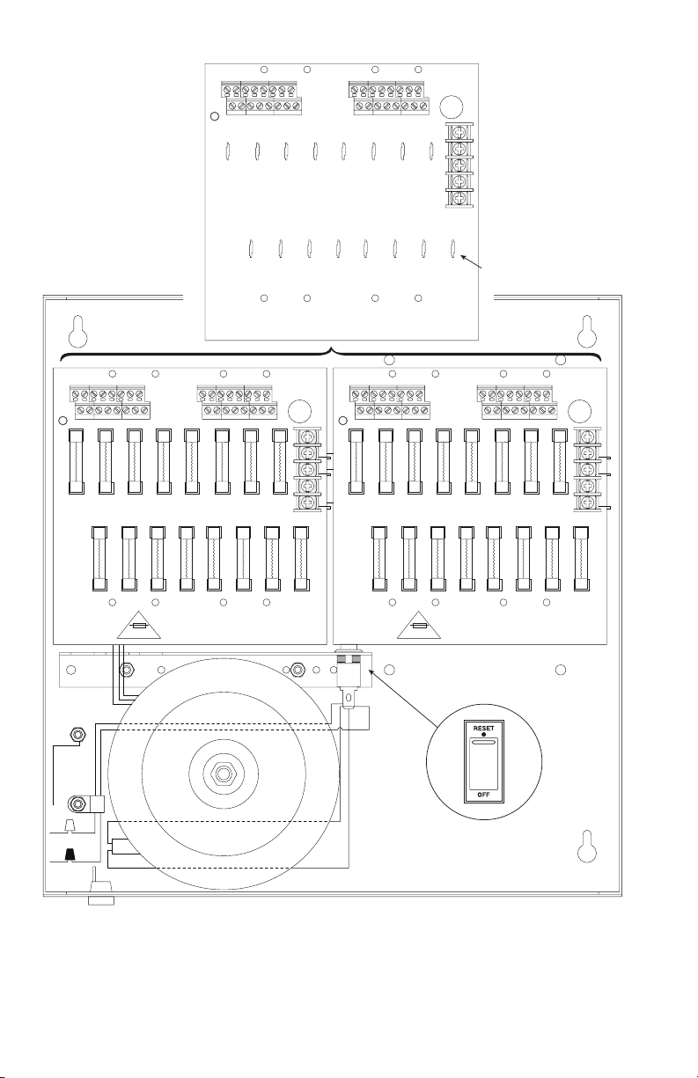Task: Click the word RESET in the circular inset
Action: tap(483, 728)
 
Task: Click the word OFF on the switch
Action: tap(483, 795)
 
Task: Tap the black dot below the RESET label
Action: tap(483, 735)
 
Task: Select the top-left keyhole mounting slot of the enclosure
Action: tap(78, 331)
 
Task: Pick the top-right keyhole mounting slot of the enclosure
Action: tap(587, 331)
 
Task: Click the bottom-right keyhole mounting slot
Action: tap(587, 847)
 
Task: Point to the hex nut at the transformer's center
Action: tap(223, 774)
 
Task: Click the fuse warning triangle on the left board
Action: tap(139, 625)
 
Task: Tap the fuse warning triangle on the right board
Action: tap(419, 625)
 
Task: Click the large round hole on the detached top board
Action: tap(451, 106)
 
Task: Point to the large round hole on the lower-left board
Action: tap(299, 412)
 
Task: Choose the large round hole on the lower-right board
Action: tap(579, 412)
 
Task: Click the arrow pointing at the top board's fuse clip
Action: tap(471, 261)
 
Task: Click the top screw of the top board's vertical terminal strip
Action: tap(459, 131)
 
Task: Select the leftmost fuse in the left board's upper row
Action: tap(76, 461)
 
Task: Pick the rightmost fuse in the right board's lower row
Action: tap(582, 558)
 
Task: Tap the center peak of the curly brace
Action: tap(331, 348)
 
